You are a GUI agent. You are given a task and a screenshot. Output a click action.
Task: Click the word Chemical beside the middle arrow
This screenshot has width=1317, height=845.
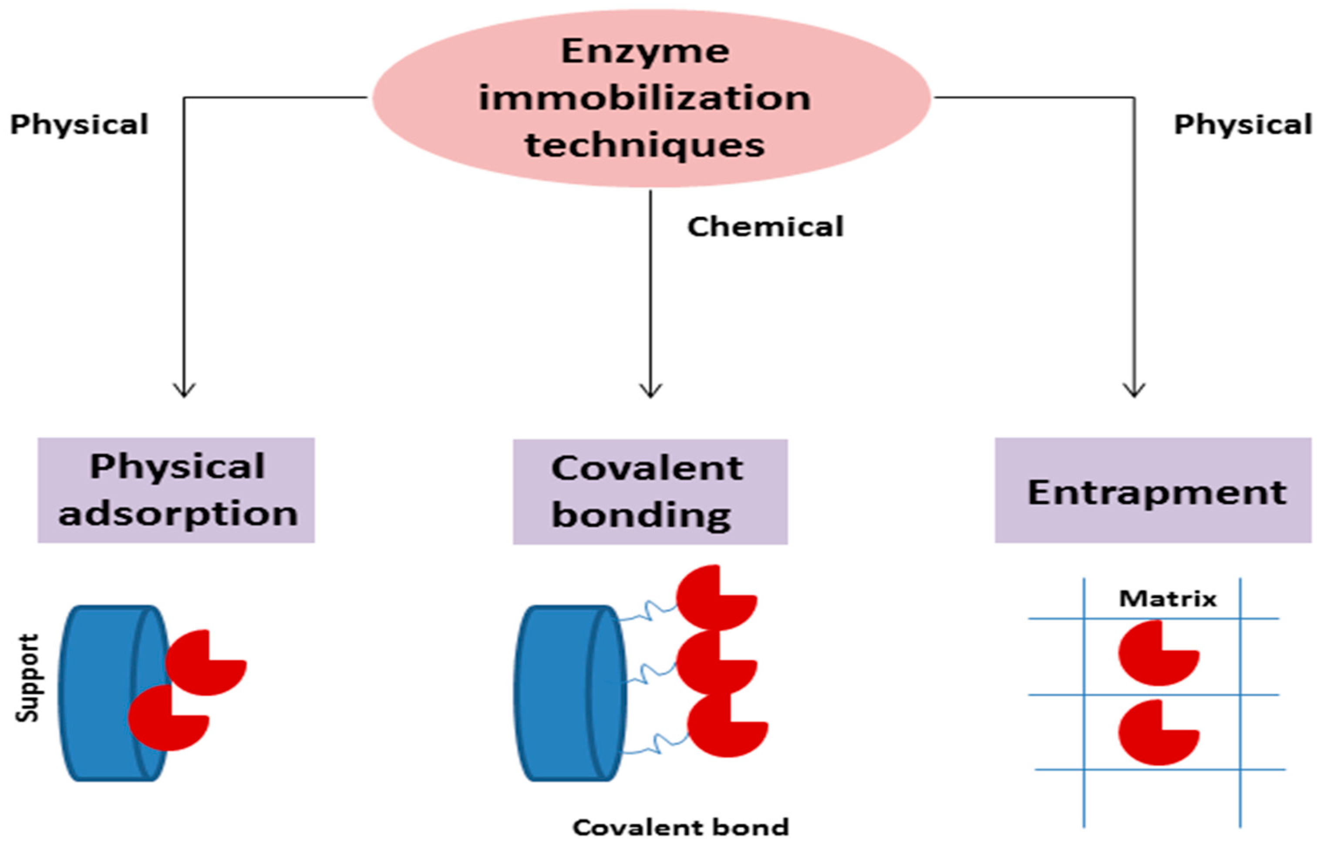pos(765,227)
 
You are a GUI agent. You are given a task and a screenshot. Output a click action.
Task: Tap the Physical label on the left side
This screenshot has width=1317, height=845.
pos(80,124)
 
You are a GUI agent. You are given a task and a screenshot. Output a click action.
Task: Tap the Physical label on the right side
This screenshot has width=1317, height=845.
pos(1243,124)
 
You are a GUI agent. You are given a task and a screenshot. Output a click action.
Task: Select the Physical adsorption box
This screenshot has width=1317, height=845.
pos(176,490)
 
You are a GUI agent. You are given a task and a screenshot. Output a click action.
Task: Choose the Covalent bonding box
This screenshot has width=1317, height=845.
pos(650,492)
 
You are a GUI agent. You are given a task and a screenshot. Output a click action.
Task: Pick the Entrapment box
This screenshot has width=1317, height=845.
pos(1153,490)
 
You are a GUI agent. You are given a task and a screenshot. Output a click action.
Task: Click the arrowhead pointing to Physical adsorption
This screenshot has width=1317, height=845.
pos(184,391)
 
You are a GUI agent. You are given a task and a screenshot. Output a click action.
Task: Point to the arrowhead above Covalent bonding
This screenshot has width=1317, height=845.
pos(650,391)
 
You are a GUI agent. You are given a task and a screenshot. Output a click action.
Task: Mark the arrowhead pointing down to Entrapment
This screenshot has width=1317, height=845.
pos(1134,391)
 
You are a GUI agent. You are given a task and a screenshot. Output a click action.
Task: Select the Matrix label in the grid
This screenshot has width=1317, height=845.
pos(1168,599)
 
